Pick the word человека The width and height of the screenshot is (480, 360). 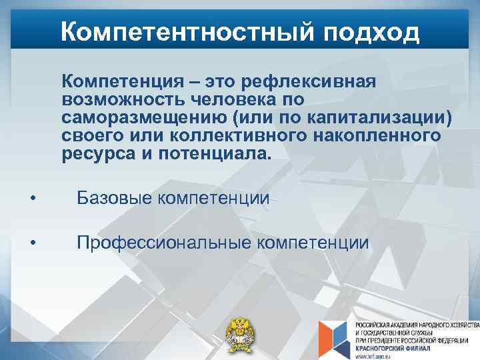point(231,100)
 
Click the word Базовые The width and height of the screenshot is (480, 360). point(117,198)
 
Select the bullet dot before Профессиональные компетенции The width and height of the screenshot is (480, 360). point(33,243)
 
